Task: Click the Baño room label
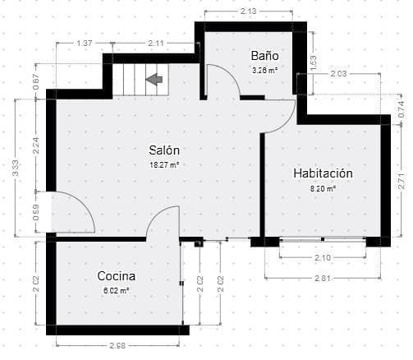tap(264, 56)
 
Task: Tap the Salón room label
tap(164, 150)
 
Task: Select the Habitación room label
tap(323, 173)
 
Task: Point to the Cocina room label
tap(116, 276)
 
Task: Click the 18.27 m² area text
tap(164, 164)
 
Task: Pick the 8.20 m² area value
tap(323, 188)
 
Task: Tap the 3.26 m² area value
tap(264, 70)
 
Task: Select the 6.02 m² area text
tap(116, 290)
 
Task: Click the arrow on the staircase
tap(154, 79)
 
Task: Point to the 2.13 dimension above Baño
tap(249, 12)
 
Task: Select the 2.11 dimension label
tap(156, 43)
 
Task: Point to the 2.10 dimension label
tap(322, 259)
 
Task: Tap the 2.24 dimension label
tap(36, 145)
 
